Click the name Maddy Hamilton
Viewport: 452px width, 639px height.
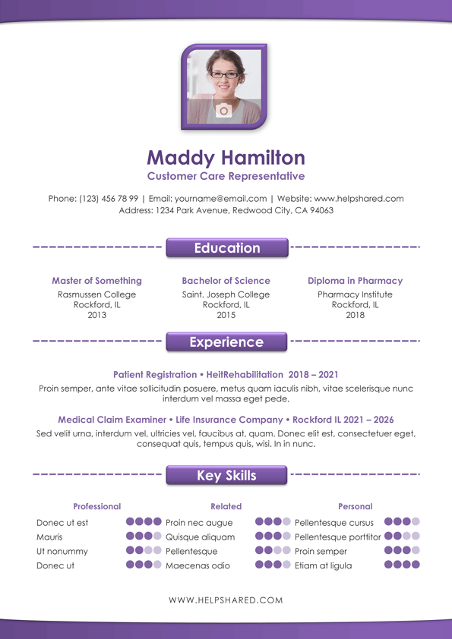coord(226,158)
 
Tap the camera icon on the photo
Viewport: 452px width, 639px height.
coord(223,111)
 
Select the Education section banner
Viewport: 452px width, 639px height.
coord(226,248)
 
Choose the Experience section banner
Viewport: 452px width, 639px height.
coord(226,342)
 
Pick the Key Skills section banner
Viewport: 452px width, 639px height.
coord(226,476)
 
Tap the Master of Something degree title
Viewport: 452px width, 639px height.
coord(96,281)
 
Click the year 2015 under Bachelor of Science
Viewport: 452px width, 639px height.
coord(226,315)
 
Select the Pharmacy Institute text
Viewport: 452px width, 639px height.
coord(355,294)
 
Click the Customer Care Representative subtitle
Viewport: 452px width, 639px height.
coord(226,177)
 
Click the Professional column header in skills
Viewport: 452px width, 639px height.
coord(96,506)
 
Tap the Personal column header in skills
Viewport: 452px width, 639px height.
coord(355,506)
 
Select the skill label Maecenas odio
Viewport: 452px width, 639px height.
coord(198,565)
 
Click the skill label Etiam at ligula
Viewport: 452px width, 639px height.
coord(323,565)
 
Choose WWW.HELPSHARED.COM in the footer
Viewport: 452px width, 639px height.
coord(226,600)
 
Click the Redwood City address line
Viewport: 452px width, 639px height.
coord(226,210)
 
